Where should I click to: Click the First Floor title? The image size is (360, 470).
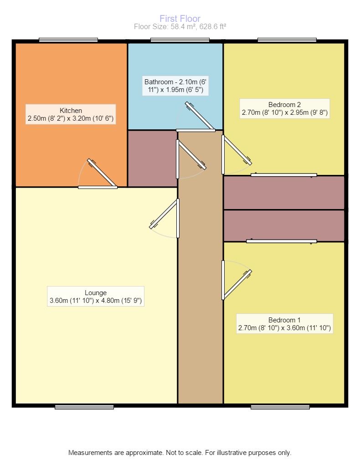click(x=180, y=19)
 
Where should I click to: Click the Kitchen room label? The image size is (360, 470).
click(x=71, y=115)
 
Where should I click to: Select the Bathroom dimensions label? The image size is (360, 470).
click(x=175, y=86)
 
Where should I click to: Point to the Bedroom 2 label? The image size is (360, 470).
click(x=284, y=108)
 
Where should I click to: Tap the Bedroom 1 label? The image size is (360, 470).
click(x=284, y=323)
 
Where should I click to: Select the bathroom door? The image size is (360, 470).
click(x=199, y=118)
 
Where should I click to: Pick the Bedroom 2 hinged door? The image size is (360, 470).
click(x=236, y=152)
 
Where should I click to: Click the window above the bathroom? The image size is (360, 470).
click(x=180, y=40)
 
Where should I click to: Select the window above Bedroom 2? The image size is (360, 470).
click(x=287, y=40)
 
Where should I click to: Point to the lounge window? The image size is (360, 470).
click(x=84, y=407)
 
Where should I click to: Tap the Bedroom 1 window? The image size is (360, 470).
click(x=280, y=407)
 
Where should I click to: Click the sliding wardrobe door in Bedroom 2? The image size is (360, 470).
click(x=283, y=175)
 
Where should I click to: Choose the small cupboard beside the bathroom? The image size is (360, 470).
click(x=152, y=158)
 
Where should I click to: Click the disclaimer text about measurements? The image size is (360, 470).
click(x=180, y=453)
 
